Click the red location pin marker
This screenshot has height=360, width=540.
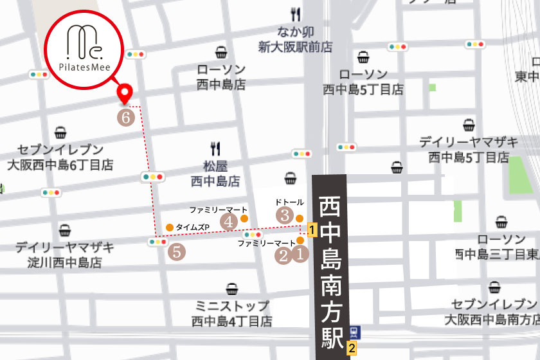click(125, 94)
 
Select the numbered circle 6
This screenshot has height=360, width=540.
click(127, 117)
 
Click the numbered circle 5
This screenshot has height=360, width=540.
click(177, 252)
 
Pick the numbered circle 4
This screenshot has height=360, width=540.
click(229, 221)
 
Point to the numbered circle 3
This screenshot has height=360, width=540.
click(285, 215)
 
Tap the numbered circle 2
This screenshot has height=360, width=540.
click(283, 255)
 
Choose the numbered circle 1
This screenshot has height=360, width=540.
click(300, 255)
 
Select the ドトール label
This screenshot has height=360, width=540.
click(289, 202)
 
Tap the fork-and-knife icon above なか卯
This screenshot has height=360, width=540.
click(296, 15)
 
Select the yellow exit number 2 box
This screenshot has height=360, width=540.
click(352, 349)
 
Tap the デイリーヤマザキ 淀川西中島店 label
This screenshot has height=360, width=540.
click(65, 255)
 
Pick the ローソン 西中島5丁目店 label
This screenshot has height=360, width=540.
click(363, 82)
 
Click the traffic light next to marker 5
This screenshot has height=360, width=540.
click(157, 242)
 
